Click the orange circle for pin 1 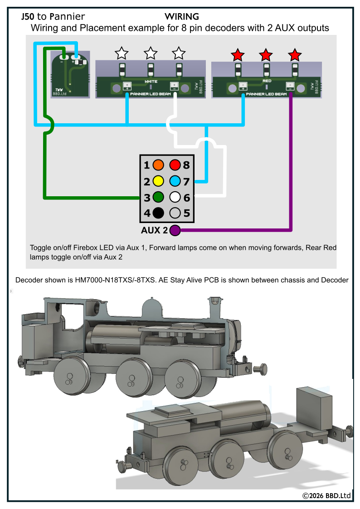158,165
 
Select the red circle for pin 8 175,165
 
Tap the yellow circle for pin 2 158,181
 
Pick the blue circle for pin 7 175,181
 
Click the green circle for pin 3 158,197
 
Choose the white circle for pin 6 175,197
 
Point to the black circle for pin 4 158,213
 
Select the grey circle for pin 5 175,213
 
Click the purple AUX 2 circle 175,231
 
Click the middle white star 151,53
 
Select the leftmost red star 238,55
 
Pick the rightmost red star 295,55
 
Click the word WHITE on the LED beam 151,82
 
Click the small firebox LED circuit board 70,75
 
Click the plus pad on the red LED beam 243,86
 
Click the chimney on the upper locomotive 215,304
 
